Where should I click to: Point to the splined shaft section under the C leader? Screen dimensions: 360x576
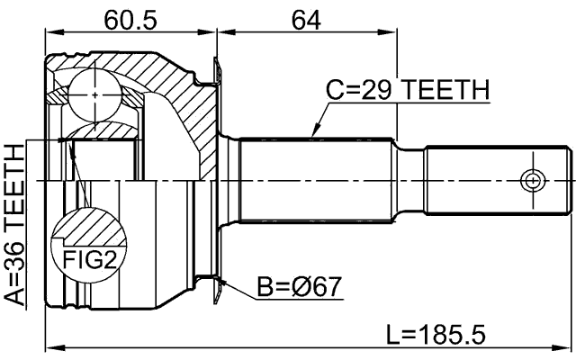[315, 180]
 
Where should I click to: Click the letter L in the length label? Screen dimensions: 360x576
[393, 335]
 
